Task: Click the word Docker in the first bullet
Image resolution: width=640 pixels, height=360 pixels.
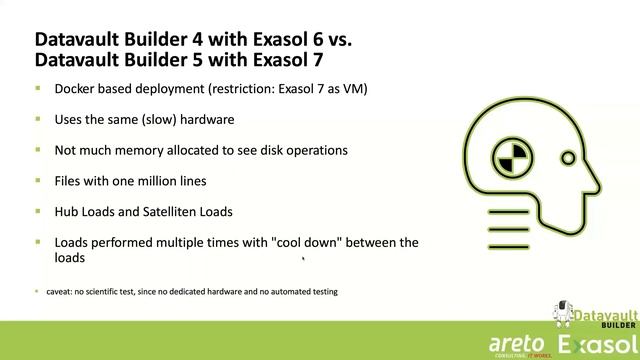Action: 75,89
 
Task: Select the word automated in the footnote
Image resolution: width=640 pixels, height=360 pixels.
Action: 288,292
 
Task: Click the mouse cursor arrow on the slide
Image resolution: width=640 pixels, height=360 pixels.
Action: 303,258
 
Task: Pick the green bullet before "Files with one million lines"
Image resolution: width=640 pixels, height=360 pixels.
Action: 38,181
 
